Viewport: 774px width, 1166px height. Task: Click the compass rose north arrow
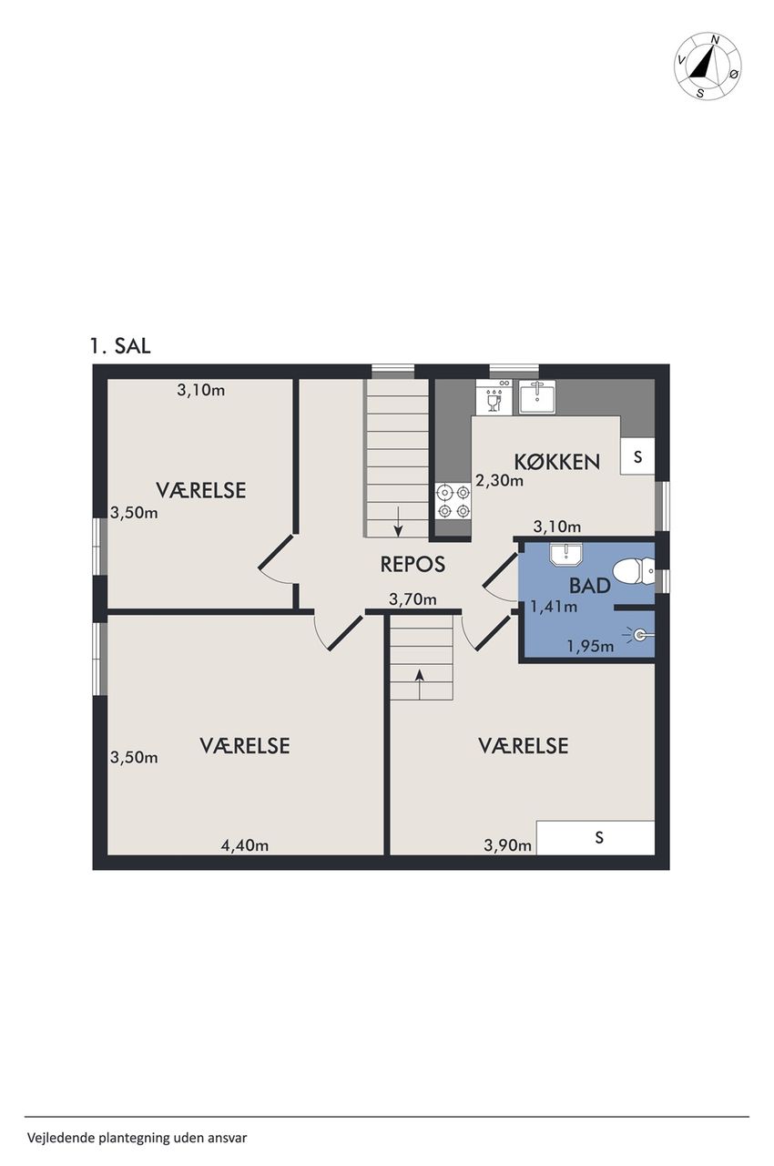click(x=702, y=61)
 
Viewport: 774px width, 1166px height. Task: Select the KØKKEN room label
click(x=556, y=462)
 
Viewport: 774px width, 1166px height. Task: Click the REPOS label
click(x=412, y=564)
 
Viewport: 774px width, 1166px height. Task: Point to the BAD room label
click(x=589, y=586)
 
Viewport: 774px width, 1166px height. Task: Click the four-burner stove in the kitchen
click(x=453, y=501)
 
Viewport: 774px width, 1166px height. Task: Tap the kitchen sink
click(x=535, y=396)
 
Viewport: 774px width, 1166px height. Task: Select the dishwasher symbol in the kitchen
click(x=494, y=396)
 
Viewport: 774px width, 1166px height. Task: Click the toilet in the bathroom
click(x=634, y=571)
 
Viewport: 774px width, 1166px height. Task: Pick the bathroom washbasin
click(x=565, y=554)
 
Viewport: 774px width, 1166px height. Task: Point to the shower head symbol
click(x=640, y=635)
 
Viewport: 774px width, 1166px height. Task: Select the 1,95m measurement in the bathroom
click(x=590, y=647)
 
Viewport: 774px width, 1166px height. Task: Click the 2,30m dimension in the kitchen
click(x=499, y=480)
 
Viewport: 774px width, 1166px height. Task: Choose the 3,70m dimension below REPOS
click(x=412, y=600)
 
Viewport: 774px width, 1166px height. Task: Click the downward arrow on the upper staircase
click(x=398, y=522)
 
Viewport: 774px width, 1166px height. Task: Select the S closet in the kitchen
click(x=637, y=456)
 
